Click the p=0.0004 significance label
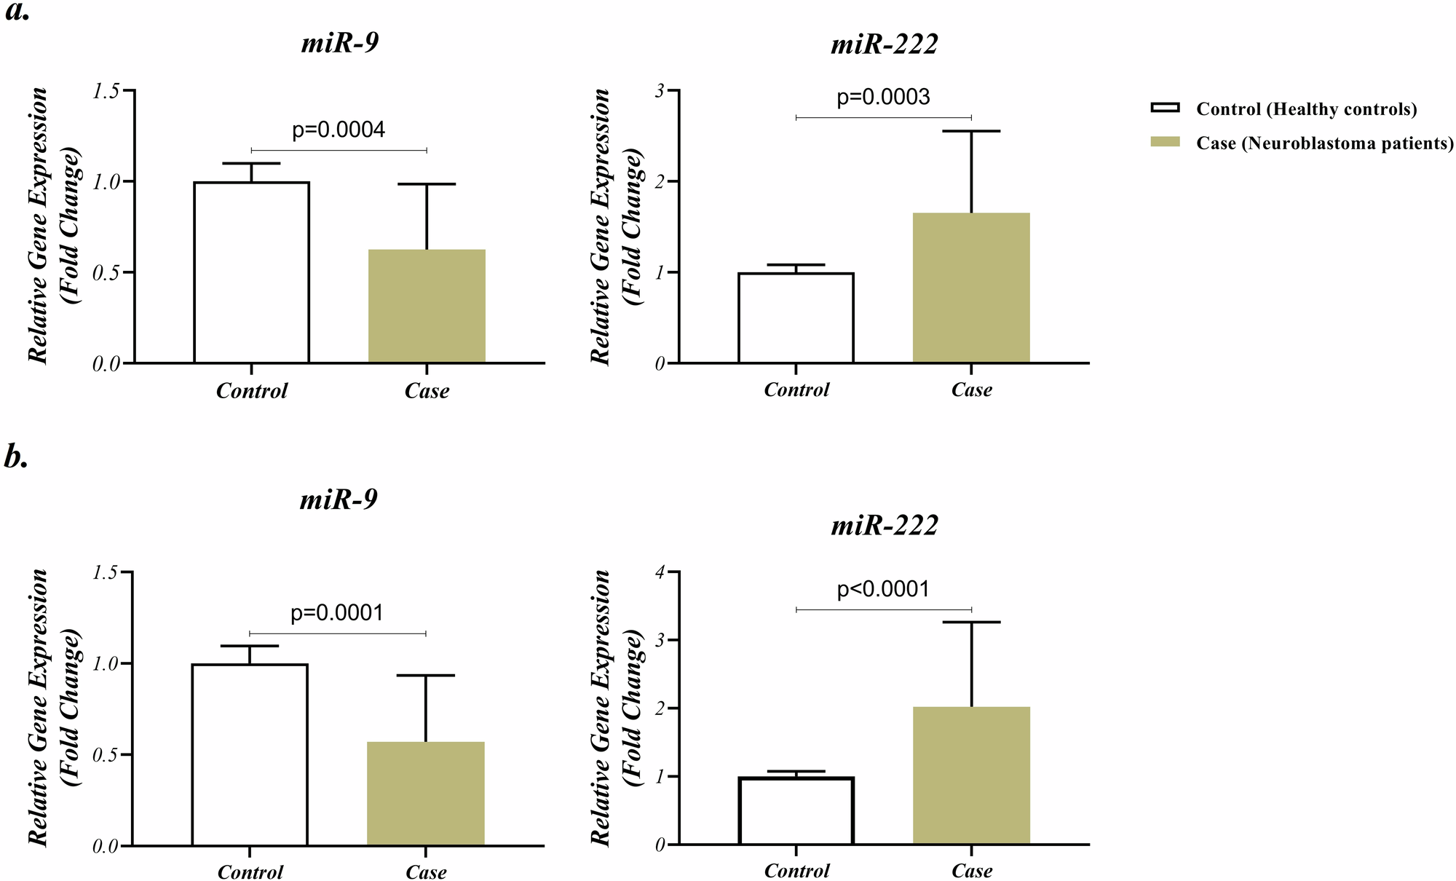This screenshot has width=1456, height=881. click(x=339, y=130)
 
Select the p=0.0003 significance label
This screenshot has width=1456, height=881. click(x=883, y=97)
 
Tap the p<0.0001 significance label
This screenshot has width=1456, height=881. click(x=883, y=589)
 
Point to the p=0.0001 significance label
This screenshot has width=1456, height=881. click(x=337, y=613)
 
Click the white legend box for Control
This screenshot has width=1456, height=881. click(x=1164, y=108)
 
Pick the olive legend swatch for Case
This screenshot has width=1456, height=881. click(x=1164, y=143)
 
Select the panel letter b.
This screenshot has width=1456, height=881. click(x=16, y=457)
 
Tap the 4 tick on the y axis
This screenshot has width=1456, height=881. click(x=660, y=572)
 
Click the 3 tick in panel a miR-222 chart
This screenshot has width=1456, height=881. click(x=660, y=90)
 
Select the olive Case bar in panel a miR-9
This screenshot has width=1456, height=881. click(x=427, y=306)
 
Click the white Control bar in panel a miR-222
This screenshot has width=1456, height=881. click(x=796, y=317)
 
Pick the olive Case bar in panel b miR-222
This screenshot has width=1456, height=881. click(x=971, y=775)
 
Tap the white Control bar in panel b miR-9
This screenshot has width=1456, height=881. click(x=250, y=754)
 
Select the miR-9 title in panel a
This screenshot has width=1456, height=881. click(x=339, y=44)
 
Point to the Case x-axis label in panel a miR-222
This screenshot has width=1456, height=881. click(x=971, y=390)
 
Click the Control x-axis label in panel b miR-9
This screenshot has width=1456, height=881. click(x=250, y=872)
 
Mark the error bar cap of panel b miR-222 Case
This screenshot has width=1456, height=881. click(x=971, y=623)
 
